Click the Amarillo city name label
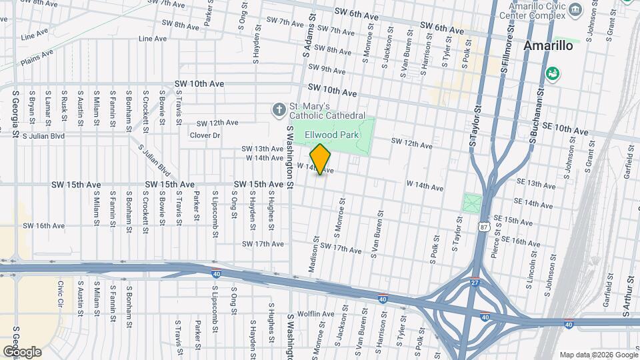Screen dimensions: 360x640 tap(548, 46)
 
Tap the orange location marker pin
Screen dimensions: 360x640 tap(321, 159)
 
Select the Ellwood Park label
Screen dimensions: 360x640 tap(331, 135)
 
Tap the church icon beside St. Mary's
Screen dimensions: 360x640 tap(279, 109)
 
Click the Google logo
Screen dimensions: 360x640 tap(21, 351)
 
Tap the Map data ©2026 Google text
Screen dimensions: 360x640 tap(597, 355)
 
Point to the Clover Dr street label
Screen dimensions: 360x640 tap(205, 135)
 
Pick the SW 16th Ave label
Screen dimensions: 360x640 tap(44, 226)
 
